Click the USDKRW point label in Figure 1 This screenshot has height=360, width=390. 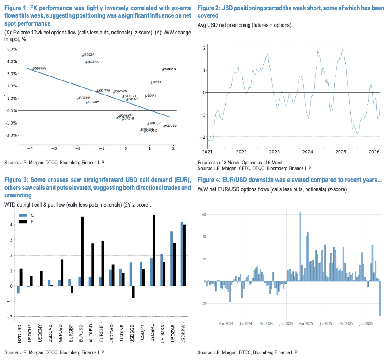(x=40, y=68)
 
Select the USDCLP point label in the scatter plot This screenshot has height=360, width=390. (x=89, y=55)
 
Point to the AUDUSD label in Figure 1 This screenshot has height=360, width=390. (x=170, y=126)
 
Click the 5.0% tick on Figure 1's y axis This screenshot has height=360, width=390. (x=11, y=49)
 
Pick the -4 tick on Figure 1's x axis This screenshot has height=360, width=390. (x=30, y=148)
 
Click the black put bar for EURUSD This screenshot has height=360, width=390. (x=82, y=251)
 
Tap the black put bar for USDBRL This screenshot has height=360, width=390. (x=153, y=250)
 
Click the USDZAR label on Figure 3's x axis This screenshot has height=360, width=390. (x=173, y=333)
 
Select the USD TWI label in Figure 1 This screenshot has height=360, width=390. (x=104, y=91)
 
